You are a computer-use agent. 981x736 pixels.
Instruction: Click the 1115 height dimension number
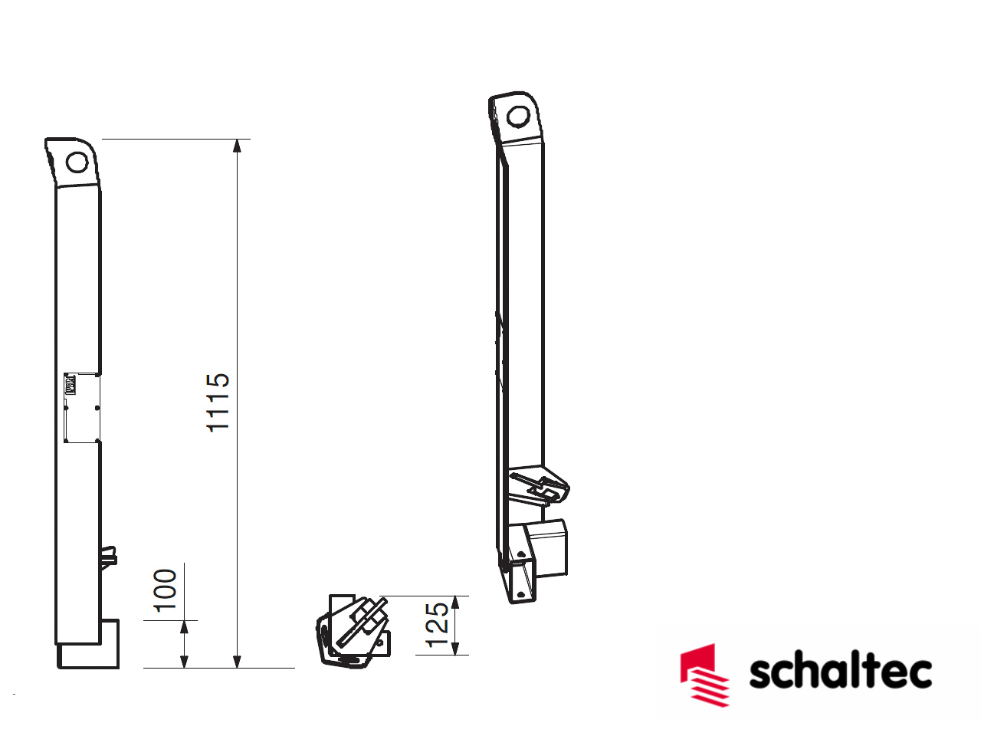tap(218, 402)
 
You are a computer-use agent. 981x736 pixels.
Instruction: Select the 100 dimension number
tap(166, 590)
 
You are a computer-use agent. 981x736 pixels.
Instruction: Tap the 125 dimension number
tap(437, 625)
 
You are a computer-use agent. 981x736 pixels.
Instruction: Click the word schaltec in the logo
tap(840, 672)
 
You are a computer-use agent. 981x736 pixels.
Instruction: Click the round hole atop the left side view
tap(77, 163)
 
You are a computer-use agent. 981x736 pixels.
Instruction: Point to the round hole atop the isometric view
tap(518, 117)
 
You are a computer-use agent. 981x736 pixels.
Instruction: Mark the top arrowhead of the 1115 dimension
tap(238, 146)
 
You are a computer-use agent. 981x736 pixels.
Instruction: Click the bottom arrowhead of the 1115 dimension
tap(238, 662)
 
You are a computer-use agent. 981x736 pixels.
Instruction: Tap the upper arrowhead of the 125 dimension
tap(455, 603)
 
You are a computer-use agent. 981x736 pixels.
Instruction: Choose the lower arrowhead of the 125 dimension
tap(455, 649)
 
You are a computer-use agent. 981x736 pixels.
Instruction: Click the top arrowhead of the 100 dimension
tap(184, 627)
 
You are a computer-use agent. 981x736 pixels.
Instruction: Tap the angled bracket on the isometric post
tap(541, 488)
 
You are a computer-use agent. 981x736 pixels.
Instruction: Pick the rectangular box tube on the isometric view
tap(547, 547)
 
